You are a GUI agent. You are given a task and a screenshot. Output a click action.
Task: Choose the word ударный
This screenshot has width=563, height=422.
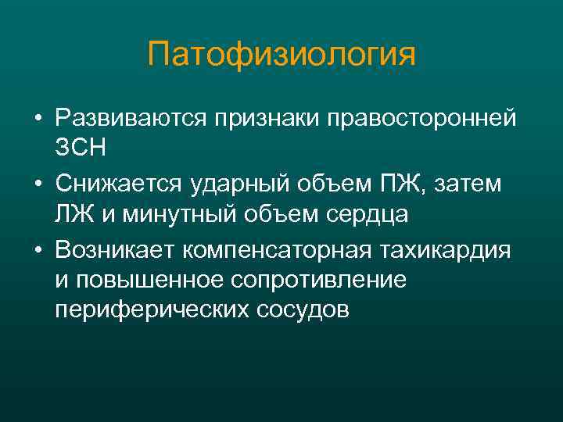(226, 184)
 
